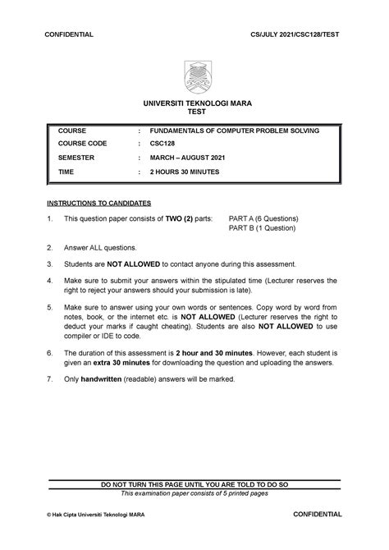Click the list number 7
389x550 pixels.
50,380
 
